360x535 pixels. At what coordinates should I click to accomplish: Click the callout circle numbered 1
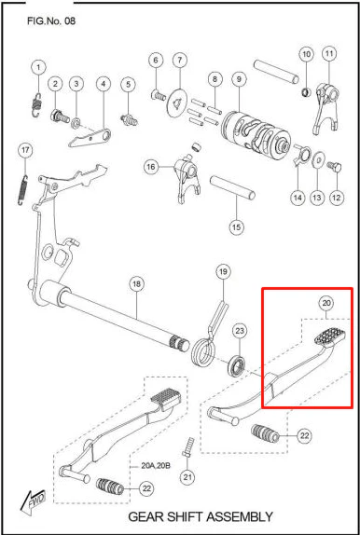38,67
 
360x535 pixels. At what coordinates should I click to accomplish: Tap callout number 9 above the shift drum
239,79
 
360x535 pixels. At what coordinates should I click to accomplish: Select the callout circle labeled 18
136,284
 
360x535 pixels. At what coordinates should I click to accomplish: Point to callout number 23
240,331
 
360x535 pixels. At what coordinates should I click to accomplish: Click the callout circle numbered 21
187,476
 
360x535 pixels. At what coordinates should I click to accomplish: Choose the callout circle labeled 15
236,226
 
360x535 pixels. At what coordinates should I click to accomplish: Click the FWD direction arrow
33,503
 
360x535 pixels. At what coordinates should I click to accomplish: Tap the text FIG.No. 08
51,21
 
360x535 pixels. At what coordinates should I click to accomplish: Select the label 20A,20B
156,466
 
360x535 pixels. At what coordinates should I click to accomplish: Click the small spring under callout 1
36,104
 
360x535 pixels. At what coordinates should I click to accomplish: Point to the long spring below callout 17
22,190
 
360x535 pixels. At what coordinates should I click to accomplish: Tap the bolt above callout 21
187,446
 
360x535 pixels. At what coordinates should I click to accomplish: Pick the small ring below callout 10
307,91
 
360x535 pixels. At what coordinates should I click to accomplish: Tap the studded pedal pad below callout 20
329,336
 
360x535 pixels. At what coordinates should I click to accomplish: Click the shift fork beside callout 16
187,179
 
